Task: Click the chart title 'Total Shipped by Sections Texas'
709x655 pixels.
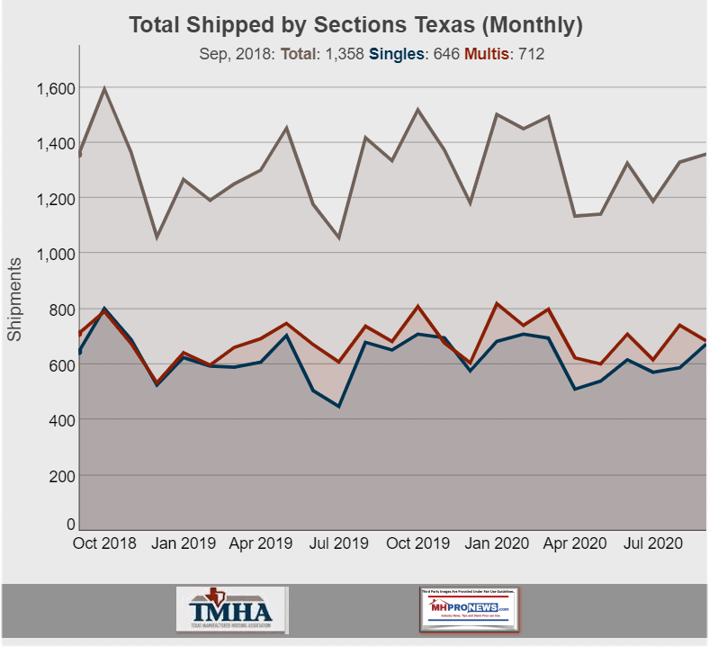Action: point(355,24)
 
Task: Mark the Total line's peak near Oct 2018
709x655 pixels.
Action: point(105,88)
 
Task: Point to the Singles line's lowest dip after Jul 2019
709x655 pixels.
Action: point(339,406)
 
